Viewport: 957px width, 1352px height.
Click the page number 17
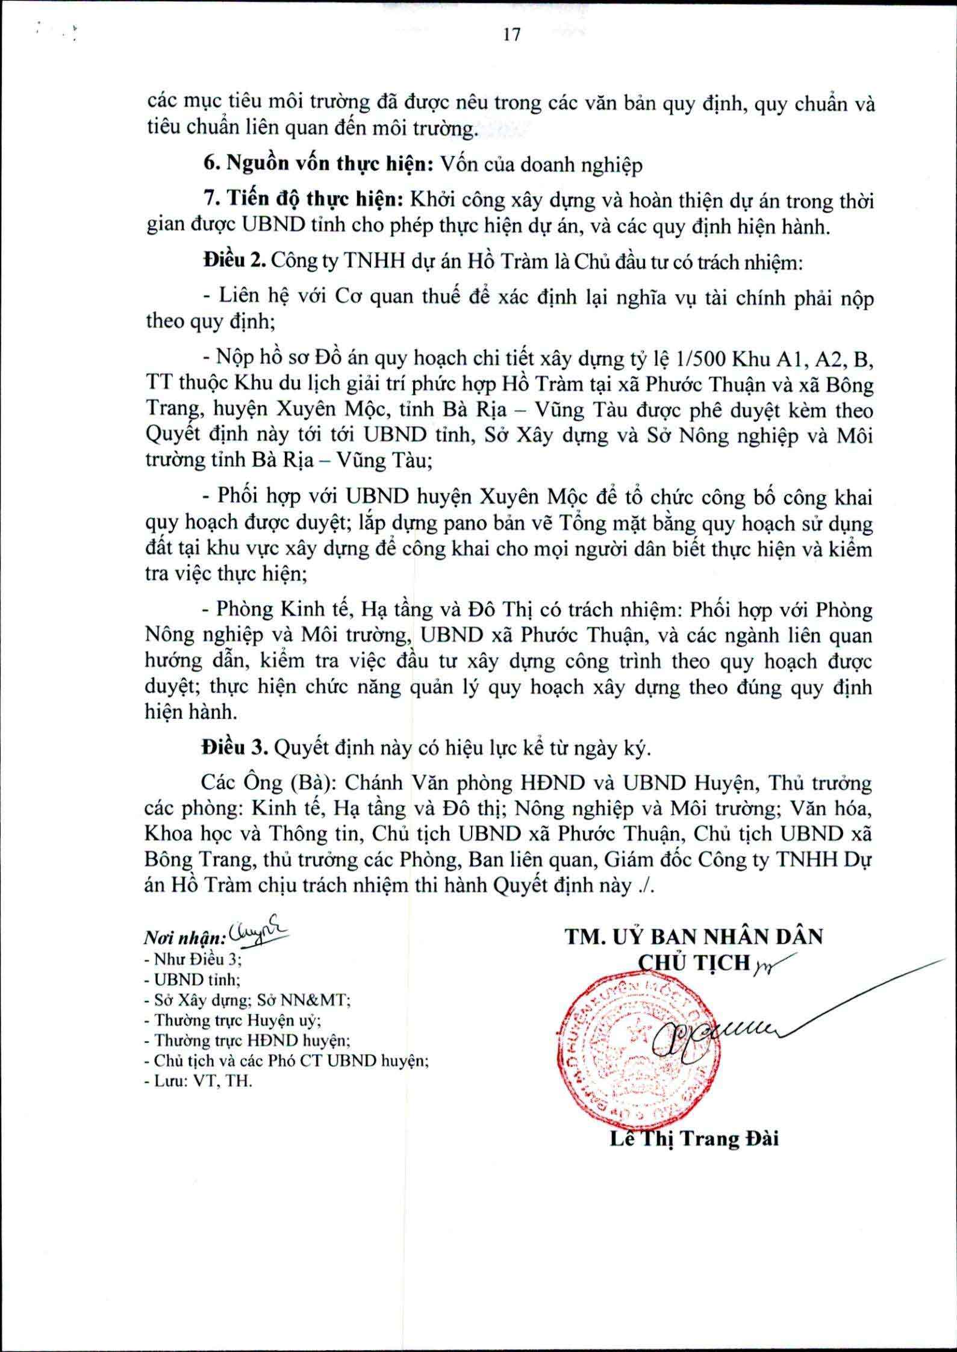511,36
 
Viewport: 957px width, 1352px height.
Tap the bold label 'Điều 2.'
234,261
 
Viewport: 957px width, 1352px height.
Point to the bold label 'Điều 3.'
234,749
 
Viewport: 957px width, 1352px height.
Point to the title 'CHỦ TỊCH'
693,963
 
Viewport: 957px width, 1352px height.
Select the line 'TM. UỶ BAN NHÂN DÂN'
693,937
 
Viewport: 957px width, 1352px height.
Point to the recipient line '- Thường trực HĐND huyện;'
248,1040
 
